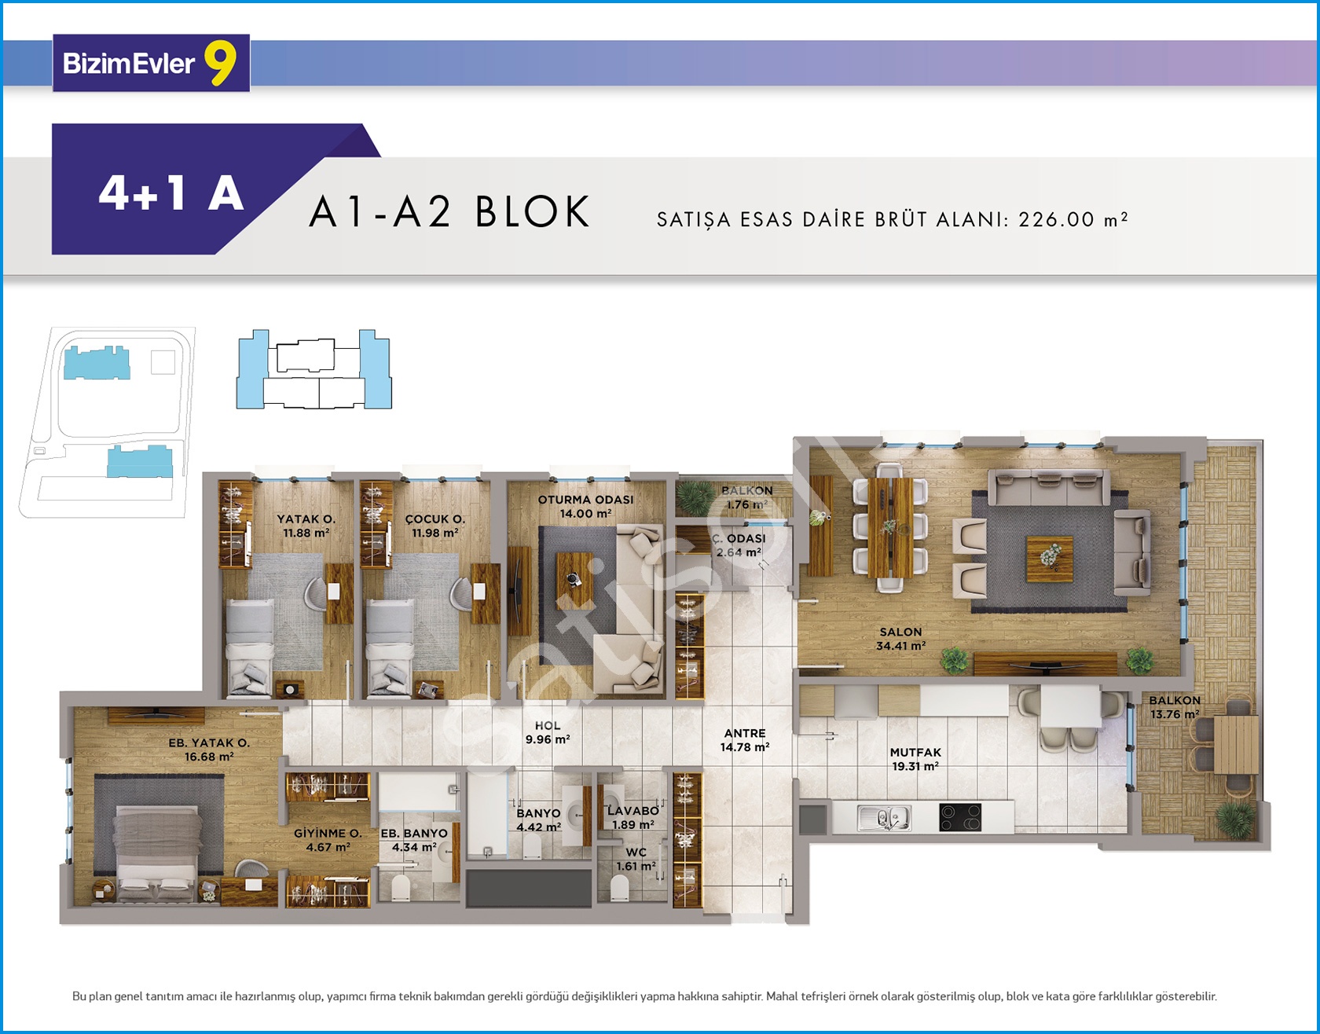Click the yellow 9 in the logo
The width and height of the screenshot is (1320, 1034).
(220, 63)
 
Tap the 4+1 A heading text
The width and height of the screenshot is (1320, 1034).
(171, 192)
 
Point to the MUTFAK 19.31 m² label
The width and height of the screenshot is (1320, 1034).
(915, 759)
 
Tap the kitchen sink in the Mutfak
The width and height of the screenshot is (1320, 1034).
(884, 818)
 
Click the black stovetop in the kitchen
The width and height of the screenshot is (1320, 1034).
(960, 817)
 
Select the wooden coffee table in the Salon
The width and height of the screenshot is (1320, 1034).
(1049, 559)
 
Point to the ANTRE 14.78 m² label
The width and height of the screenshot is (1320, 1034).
(745, 740)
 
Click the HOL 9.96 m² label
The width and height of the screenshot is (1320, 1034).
(548, 733)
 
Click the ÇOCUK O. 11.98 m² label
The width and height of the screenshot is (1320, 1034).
(435, 526)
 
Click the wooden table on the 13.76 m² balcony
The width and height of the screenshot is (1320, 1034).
(1236, 745)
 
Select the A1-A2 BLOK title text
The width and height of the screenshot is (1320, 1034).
(449, 211)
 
